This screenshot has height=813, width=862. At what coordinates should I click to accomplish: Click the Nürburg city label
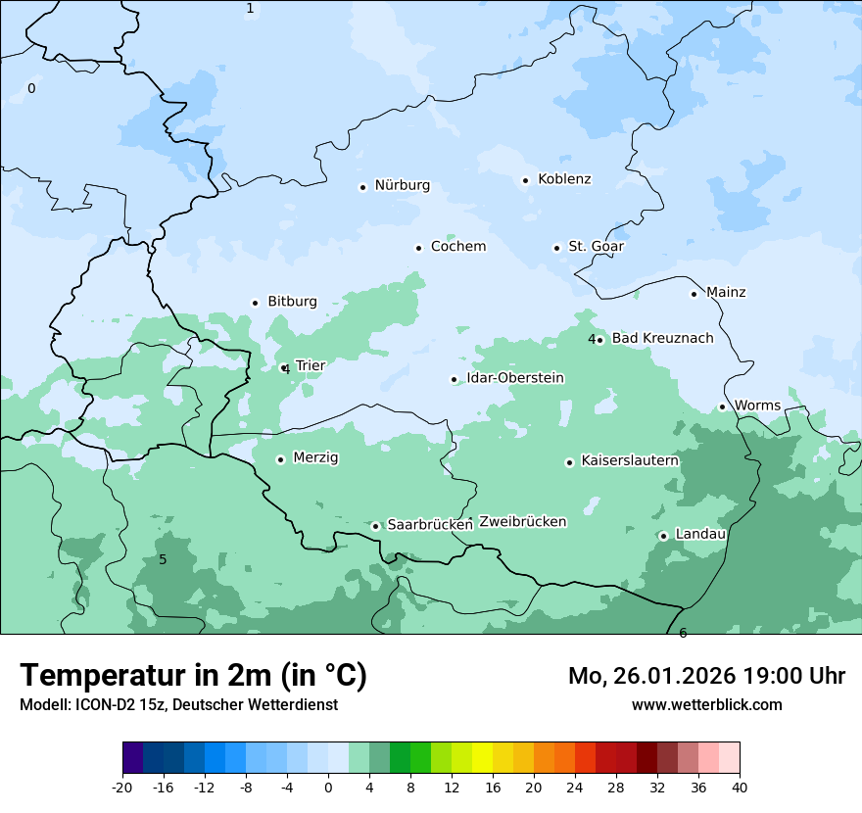tap(402, 185)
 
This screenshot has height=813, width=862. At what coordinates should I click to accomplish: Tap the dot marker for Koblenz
tap(526, 180)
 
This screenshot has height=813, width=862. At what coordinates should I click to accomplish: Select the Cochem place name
tap(457, 247)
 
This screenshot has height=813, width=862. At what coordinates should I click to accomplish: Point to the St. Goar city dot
tap(556, 248)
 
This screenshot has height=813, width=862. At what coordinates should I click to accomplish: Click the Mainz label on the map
tap(726, 293)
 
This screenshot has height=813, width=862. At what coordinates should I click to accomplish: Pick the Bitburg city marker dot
tap(255, 303)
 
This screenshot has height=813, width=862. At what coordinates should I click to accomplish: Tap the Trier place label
tap(310, 366)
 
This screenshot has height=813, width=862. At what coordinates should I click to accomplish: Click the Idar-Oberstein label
tap(515, 378)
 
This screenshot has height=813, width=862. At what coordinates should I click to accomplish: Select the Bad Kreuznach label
tap(662, 339)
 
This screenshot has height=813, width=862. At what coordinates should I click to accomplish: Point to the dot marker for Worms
tap(723, 406)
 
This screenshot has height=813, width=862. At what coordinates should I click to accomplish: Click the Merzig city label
tap(315, 458)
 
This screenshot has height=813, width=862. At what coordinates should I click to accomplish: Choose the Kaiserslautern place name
tap(630, 460)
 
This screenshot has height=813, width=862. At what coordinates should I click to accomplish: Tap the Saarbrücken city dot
tap(375, 526)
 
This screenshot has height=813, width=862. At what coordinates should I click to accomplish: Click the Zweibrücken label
tap(522, 522)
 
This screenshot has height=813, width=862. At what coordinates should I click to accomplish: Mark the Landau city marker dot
tap(663, 536)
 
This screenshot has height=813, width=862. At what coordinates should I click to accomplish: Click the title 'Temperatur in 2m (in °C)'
tap(193, 676)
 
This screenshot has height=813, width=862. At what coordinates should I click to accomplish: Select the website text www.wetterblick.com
tap(706, 705)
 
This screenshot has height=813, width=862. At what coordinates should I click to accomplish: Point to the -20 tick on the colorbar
tap(122, 787)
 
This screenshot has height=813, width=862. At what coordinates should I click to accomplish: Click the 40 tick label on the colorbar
tap(740, 787)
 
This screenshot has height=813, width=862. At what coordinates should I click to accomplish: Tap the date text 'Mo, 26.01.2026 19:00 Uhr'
tap(706, 676)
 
